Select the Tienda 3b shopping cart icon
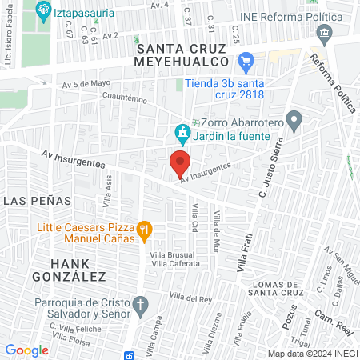point(246,59)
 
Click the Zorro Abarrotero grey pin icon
point(294,122)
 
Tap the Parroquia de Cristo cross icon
point(140,304)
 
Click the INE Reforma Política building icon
point(325,34)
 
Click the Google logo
point(26,350)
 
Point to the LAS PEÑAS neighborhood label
point(37,201)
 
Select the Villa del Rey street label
point(190,298)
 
